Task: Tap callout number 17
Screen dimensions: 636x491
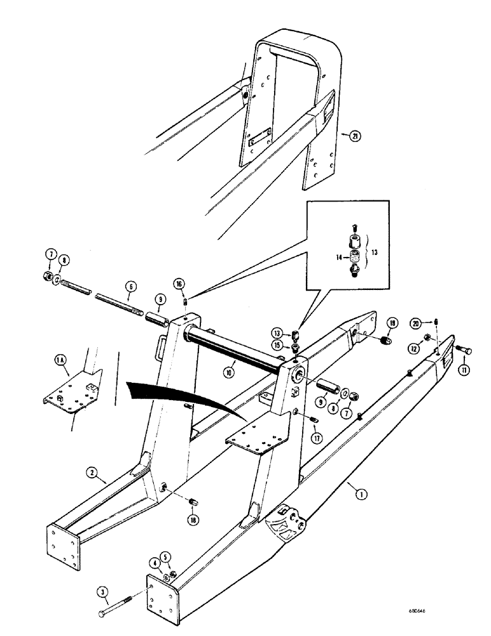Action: click(x=316, y=436)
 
